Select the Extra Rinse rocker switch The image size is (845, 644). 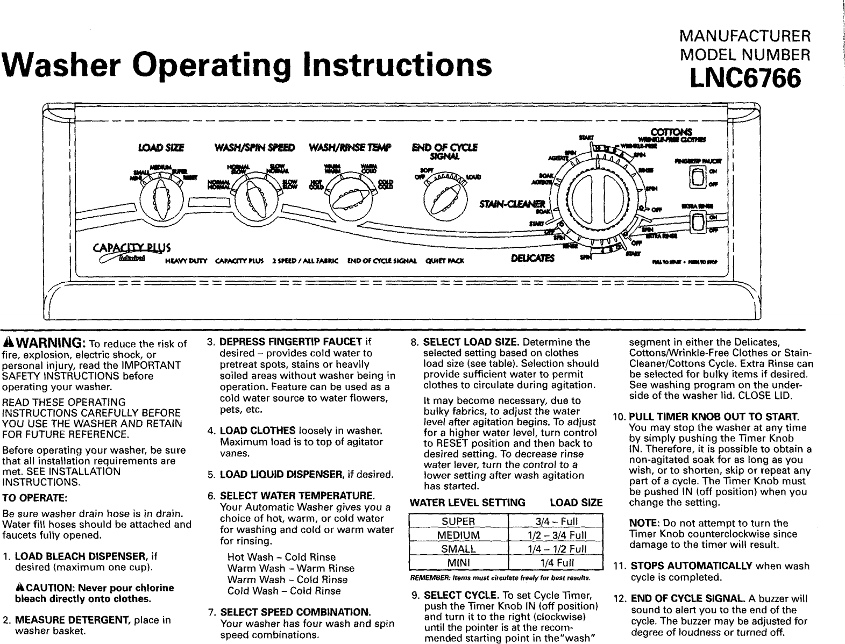[698, 223]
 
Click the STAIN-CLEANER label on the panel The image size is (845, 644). [512, 203]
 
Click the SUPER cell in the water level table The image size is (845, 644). [458, 521]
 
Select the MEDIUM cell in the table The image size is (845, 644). [458, 535]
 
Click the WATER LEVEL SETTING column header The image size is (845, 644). [467, 503]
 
